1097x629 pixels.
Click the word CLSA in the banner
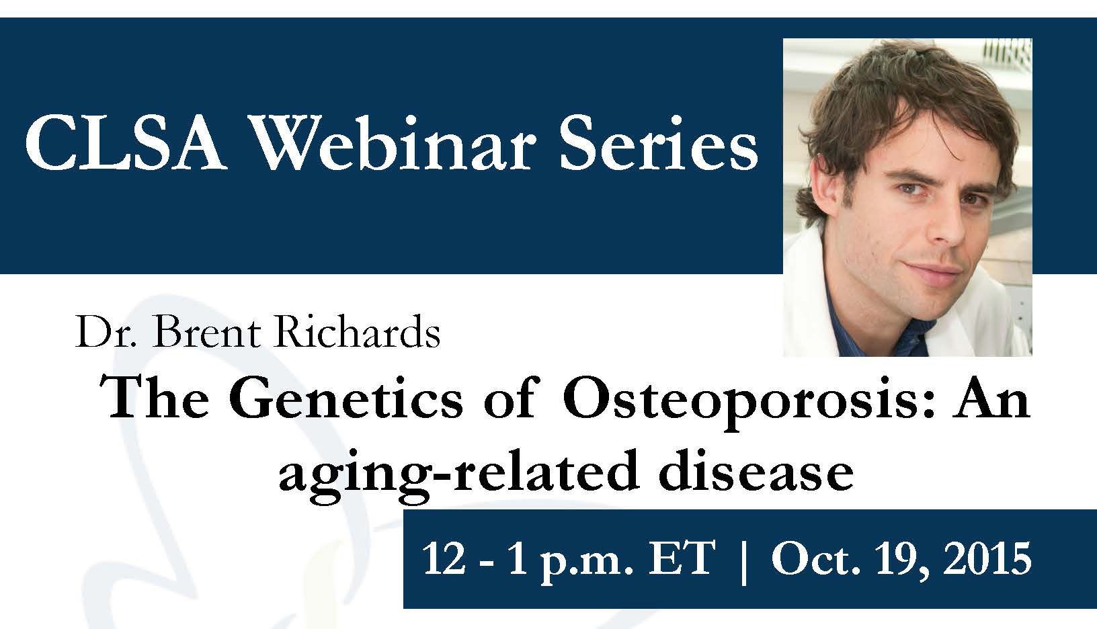click(x=124, y=143)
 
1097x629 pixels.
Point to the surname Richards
click(x=357, y=333)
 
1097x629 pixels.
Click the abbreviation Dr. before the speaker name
click(x=106, y=333)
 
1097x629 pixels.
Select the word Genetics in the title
click(x=346, y=399)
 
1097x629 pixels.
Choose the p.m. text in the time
click(x=587, y=563)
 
